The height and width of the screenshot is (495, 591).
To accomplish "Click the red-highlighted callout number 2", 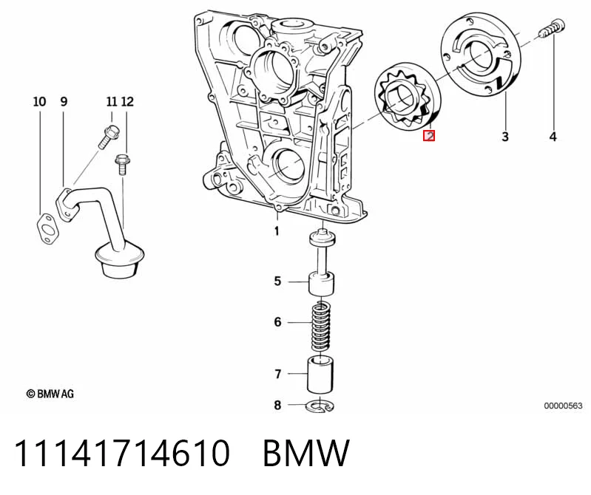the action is pos(429,135).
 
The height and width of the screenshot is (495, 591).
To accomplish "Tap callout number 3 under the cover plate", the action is pos(505,136).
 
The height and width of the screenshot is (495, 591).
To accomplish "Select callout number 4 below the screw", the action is pos(553,136).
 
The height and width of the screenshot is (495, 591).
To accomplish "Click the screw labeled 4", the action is pos(553,28).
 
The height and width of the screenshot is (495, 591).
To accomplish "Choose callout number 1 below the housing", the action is pos(277,231).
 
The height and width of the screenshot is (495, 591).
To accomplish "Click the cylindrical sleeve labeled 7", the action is pos(320,375).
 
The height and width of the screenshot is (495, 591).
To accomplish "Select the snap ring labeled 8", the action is pos(320,406).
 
